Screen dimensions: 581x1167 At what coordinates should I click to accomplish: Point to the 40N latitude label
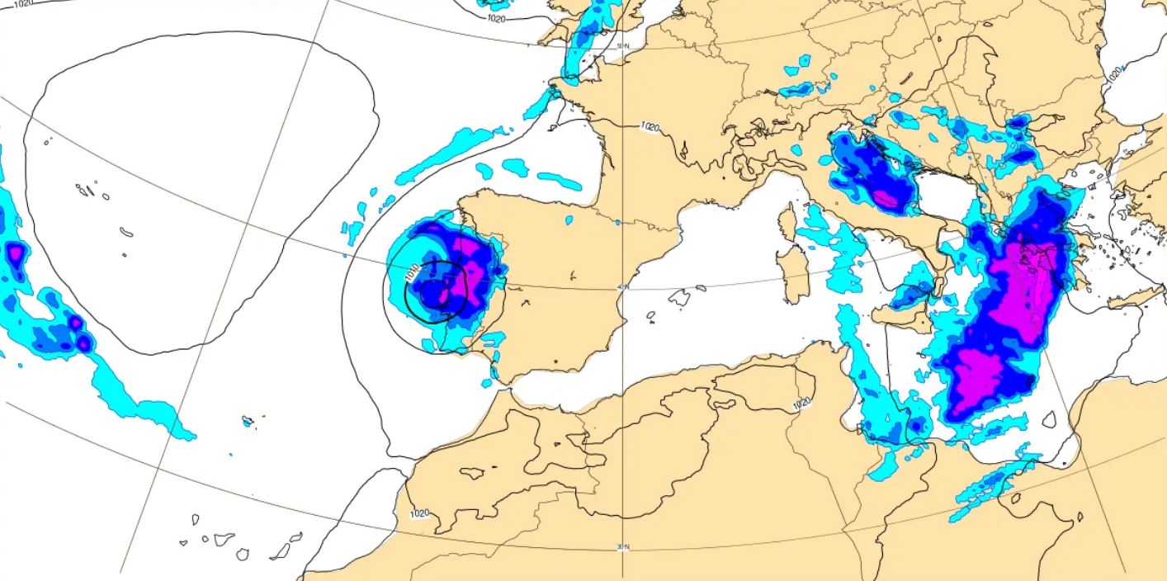click(623, 286)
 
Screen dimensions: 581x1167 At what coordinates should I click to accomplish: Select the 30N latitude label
click(623, 546)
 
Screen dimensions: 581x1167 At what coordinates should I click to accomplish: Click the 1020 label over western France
click(650, 127)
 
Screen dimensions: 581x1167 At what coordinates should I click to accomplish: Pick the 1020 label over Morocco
click(419, 513)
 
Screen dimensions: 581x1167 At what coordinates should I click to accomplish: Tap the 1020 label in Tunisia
click(801, 404)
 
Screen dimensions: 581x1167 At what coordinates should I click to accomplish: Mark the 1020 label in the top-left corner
click(24, 4)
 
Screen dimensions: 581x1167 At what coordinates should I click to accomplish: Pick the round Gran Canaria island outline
click(243, 554)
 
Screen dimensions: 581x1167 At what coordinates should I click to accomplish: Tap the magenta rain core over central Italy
click(886, 198)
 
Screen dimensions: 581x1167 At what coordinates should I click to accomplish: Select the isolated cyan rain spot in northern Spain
click(569, 220)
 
